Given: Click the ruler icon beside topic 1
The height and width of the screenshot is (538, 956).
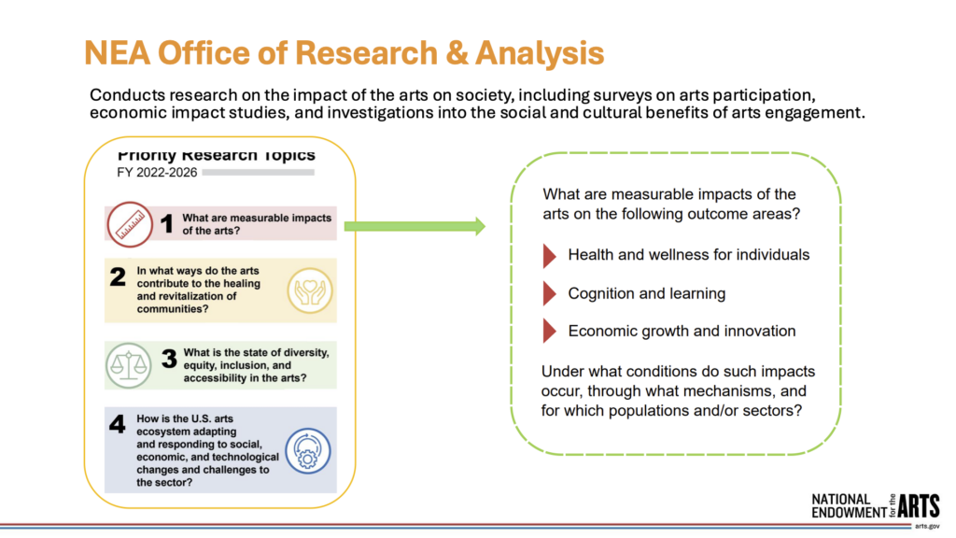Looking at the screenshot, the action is (130, 224).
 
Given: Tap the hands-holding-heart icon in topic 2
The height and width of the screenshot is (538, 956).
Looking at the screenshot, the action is (310, 291).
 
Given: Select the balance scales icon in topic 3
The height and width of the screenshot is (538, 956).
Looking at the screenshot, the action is (128, 365).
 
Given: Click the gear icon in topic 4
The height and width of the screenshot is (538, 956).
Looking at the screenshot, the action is (308, 451).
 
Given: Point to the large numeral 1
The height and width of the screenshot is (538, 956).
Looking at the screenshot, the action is (166, 224).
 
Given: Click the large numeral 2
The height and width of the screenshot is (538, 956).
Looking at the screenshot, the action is (118, 276).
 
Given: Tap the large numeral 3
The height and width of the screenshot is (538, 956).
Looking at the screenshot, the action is (169, 359).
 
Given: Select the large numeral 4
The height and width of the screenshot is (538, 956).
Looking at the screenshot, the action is (117, 424).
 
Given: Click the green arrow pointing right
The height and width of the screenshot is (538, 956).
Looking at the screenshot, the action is (415, 226).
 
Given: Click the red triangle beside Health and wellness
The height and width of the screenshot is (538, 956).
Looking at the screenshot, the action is (549, 256).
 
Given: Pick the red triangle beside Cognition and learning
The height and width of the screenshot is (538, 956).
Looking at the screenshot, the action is (549, 293).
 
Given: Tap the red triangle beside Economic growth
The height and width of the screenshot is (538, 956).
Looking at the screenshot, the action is (549, 331).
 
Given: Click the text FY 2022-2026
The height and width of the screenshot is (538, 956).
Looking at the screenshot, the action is (157, 173).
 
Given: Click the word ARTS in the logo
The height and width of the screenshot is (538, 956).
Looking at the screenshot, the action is (919, 506).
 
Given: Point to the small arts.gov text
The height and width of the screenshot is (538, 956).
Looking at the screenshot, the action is (927, 527).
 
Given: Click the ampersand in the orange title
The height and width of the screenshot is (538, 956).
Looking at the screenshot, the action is (457, 53).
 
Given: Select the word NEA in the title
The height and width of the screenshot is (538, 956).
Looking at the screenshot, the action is (117, 53).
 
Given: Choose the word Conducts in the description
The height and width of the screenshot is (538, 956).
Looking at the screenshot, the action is (127, 95).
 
